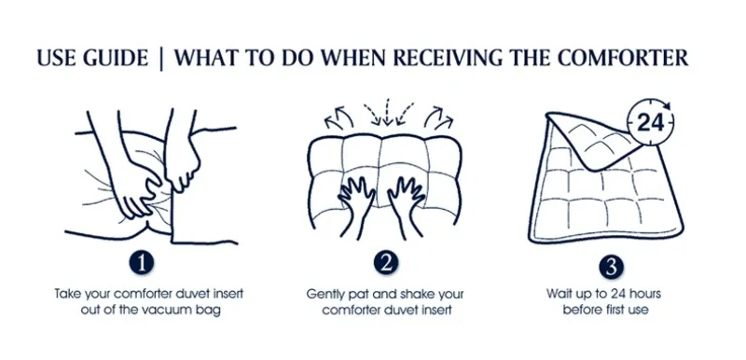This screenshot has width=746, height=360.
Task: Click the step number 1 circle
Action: click(142, 263)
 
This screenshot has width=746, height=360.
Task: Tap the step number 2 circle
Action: click(385, 263)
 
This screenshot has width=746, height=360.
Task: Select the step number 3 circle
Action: click(611, 267)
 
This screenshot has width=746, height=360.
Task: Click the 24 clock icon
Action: click(650, 123)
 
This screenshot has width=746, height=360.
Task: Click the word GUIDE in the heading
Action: click(115, 58)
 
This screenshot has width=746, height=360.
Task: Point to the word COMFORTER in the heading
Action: click(623, 58)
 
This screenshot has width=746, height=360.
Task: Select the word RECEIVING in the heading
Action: click(448, 58)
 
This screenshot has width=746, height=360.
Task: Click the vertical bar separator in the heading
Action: click(161, 59)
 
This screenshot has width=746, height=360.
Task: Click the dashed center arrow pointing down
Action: click(387, 112)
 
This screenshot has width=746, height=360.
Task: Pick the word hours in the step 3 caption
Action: click(642, 294)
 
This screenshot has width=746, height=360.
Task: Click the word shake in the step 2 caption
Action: click(412, 294)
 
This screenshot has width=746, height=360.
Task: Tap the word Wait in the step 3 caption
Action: click(558, 294)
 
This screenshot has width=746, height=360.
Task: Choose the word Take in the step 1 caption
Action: click(67, 294)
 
